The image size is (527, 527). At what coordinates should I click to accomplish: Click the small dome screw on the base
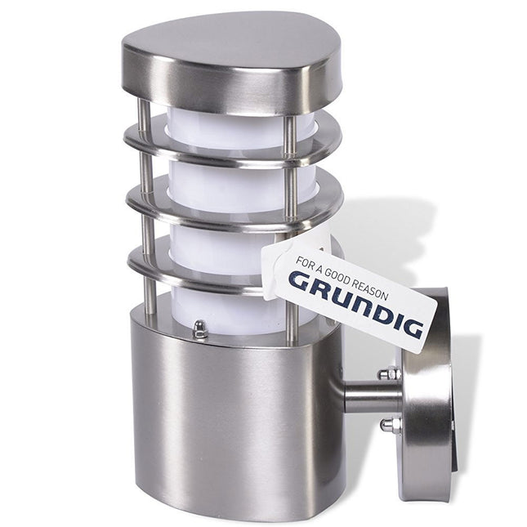(x=200, y=328)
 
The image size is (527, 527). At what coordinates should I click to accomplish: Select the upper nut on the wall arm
(x=389, y=373)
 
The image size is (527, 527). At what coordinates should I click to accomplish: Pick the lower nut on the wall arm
(x=389, y=424)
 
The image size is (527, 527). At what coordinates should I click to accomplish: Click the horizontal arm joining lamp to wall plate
(x=369, y=398)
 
